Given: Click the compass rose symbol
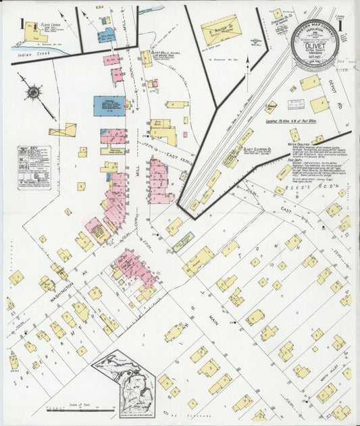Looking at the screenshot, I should click(32, 92).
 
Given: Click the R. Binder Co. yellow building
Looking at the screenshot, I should click(220, 30).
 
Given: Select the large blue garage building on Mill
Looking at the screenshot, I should click(108, 105).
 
